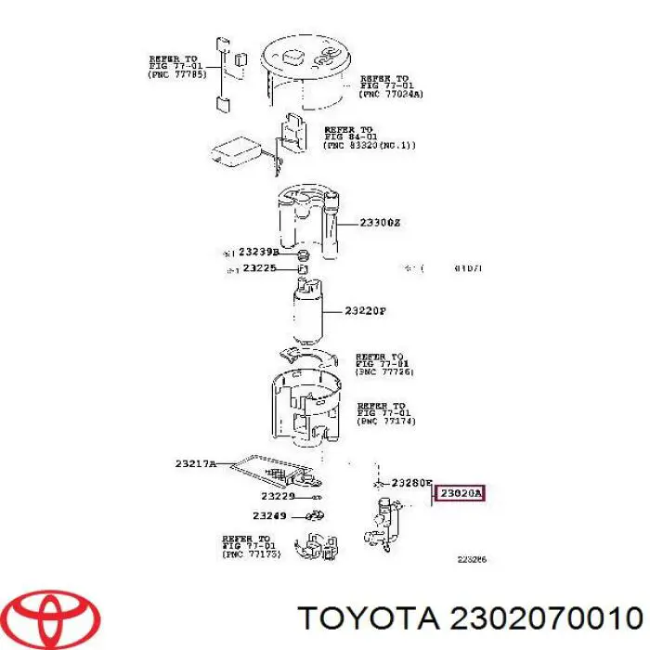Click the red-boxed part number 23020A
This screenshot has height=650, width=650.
click(461, 494)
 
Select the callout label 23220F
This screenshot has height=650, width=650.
click(364, 311)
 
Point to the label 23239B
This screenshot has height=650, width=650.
click(258, 252)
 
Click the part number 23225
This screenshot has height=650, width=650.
click(260, 268)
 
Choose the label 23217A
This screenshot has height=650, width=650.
click(195, 463)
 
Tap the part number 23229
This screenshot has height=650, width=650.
click(275, 497)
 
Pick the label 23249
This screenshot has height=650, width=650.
click(269, 515)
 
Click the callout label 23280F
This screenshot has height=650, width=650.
click(412, 483)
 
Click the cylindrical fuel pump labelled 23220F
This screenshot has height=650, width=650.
click(307, 311)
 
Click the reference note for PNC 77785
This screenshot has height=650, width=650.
click(176, 67)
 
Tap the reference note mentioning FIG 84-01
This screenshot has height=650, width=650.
click(357, 138)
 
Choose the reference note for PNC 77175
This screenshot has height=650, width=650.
click(249, 546)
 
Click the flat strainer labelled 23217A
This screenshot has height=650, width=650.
click(274, 471)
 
